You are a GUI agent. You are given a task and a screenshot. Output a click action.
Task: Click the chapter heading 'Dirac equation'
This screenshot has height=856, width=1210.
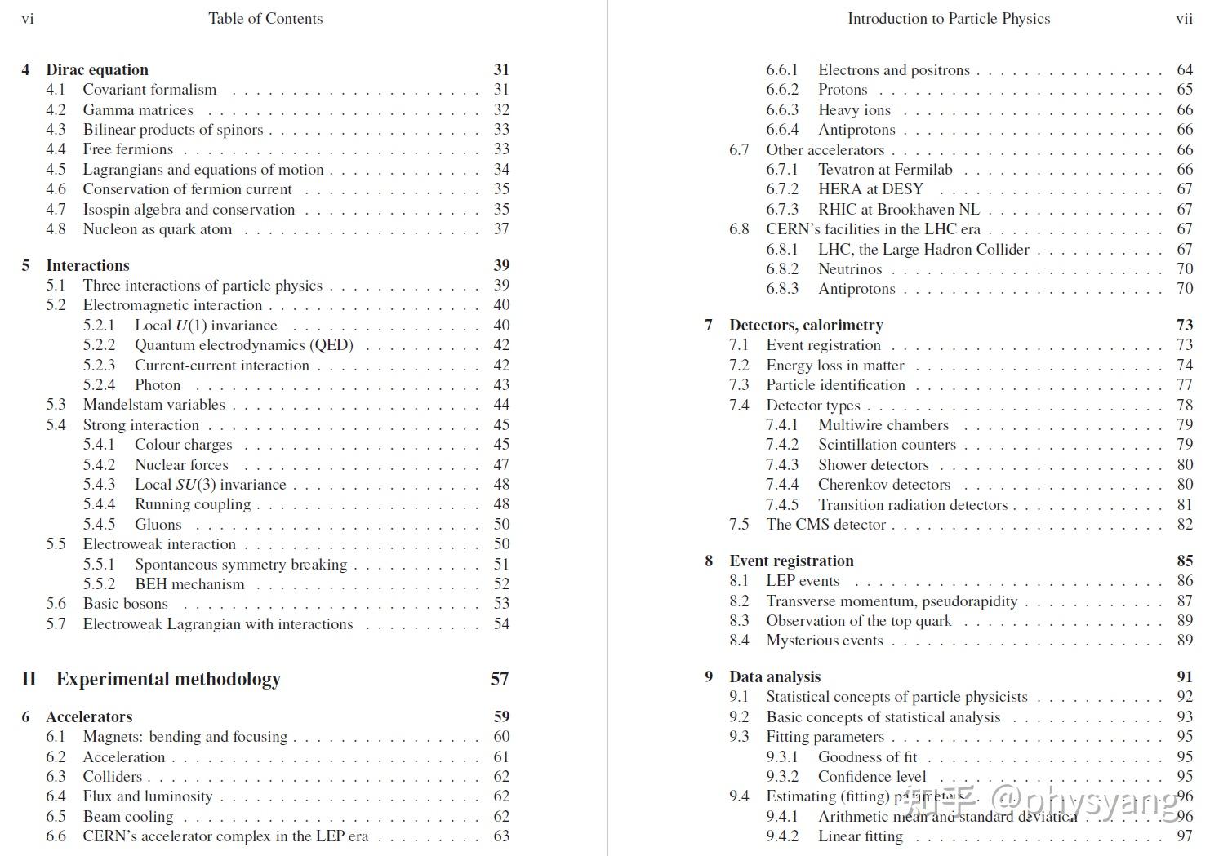click(x=97, y=69)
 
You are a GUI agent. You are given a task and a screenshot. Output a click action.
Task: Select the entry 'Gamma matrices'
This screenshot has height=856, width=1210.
click(x=138, y=109)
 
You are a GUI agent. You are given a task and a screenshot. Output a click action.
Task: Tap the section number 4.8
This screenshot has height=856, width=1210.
click(x=56, y=229)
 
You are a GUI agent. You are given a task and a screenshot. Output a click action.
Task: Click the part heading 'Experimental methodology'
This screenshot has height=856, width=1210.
click(x=168, y=679)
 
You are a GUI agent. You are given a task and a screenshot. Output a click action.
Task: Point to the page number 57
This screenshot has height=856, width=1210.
click(x=500, y=679)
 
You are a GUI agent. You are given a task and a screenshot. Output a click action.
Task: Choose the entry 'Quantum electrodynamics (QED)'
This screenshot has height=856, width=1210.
click(x=243, y=345)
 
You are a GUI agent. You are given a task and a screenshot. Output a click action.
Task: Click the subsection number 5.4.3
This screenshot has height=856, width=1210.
click(x=99, y=485)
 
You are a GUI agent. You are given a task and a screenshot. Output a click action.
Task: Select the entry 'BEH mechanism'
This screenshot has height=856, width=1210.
click(x=189, y=584)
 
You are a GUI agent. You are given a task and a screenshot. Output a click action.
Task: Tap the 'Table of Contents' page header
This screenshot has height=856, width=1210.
click(x=265, y=18)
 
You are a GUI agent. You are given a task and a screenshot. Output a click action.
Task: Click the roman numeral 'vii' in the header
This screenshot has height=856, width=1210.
click(x=1184, y=18)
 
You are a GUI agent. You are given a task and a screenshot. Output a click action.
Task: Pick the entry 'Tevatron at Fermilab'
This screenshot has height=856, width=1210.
click(x=885, y=170)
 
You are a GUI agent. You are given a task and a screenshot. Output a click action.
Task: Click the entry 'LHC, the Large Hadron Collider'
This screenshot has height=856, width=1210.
click(x=923, y=250)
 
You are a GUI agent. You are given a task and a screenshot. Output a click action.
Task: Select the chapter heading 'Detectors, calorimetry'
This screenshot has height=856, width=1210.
click(x=806, y=325)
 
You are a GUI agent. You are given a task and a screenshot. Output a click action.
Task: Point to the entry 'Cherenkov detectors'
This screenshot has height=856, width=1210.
click(x=884, y=485)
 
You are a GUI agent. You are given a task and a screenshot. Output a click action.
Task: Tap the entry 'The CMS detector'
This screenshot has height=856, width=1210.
click(x=825, y=525)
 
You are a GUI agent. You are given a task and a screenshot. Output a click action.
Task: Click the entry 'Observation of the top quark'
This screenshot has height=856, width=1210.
click(x=858, y=621)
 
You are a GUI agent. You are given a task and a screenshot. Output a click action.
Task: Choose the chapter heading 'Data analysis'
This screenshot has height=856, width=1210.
click(x=775, y=676)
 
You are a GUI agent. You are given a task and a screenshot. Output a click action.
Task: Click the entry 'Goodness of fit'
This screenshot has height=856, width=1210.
click(x=867, y=757)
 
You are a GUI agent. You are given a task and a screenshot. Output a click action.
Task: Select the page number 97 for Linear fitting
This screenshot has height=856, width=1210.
click(x=1185, y=836)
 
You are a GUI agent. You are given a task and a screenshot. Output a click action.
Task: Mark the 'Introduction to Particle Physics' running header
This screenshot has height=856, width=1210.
click(x=949, y=18)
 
